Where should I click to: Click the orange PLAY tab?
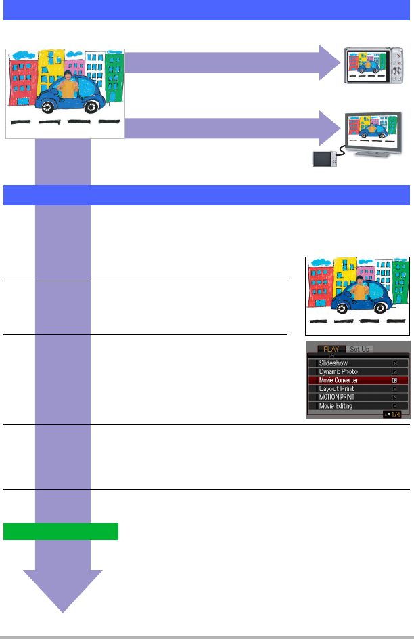click(331, 349)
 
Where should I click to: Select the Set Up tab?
click(361, 349)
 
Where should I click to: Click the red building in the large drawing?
click(21, 81)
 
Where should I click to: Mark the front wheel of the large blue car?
click(89, 106)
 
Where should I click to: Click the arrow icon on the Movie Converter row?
click(394, 381)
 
